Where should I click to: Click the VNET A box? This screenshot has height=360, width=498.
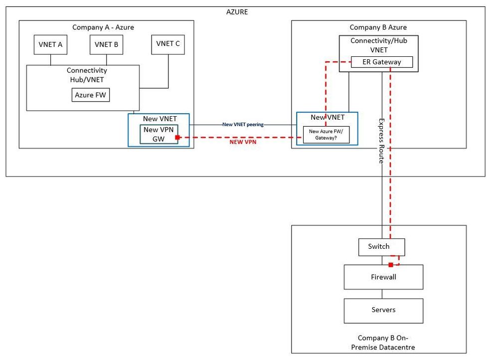50,44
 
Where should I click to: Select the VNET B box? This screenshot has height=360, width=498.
106,44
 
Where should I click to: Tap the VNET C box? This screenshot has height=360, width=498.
168,44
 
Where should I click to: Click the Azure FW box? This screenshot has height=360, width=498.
90,95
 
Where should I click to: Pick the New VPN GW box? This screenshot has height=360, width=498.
159,134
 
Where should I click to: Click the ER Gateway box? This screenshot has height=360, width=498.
382,62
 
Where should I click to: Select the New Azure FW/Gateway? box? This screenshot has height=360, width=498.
327,135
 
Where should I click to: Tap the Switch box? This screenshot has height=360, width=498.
381,247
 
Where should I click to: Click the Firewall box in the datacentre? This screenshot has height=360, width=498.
383,277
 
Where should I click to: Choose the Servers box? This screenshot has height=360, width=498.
383,310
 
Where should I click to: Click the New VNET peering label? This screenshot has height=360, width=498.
243,124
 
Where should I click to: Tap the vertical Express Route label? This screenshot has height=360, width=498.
381,141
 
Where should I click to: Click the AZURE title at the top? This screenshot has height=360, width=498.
237,12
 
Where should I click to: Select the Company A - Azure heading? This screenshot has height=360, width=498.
103,27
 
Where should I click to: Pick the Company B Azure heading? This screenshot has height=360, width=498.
378,27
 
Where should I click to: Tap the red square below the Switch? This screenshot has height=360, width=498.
391,264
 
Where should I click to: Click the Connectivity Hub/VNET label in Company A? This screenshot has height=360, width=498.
87,75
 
